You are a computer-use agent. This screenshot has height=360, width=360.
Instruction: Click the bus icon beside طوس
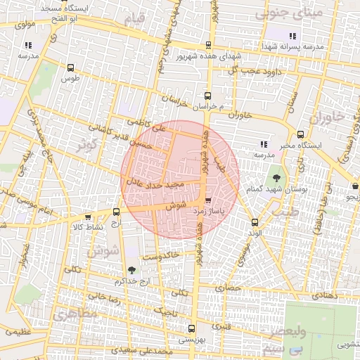tap(70, 67)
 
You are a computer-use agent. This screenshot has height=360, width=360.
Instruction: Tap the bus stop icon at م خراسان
tap(207, 96)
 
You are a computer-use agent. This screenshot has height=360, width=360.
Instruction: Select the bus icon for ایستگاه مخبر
tap(301, 134)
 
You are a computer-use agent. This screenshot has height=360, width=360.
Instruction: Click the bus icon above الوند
tap(255, 222)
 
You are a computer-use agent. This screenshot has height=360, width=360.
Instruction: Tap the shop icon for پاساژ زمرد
tap(207, 200)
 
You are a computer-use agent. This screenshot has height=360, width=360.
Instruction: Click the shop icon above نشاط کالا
tap(88, 217)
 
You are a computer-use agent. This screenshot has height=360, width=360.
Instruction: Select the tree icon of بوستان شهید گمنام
tap(275, 178)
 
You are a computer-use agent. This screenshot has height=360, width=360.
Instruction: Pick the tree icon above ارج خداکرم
tap(132, 270)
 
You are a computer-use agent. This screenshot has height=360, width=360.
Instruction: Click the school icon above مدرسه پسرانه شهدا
tap(292, 36)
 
